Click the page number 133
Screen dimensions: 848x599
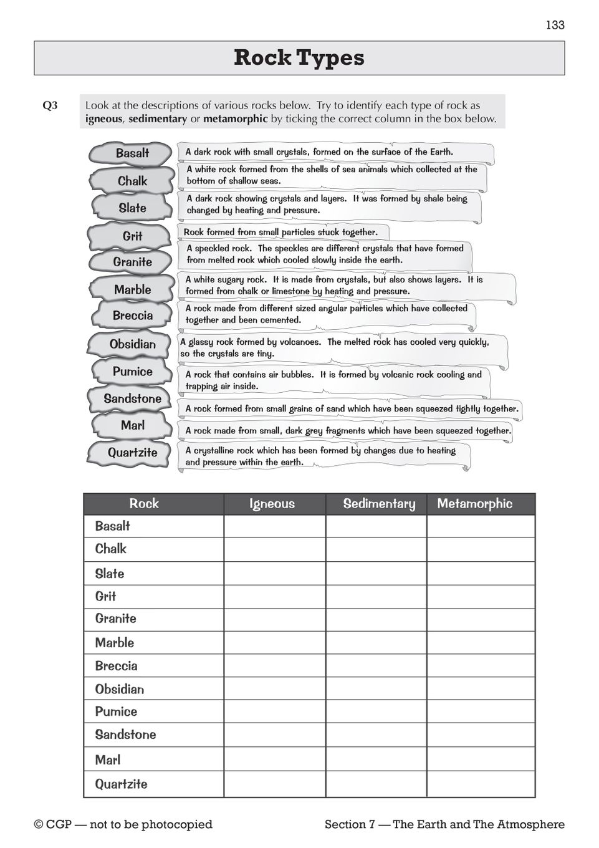(x=555, y=25)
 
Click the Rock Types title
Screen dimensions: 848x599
(x=299, y=58)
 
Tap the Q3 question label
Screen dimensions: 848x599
(x=50, y=106)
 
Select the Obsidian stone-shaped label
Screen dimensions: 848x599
(x=132, y=344)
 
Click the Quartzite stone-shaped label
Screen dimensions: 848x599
(x=132, y=453)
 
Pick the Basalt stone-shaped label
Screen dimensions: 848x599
(x=132, y=153)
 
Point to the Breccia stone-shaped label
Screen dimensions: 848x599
(x=132, y=316)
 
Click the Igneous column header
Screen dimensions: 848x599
(x=272, y=504)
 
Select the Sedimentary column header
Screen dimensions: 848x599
(x=379, y=504)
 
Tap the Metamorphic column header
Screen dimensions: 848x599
(x=475, y=504)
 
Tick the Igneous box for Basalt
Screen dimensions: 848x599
(x=274, y=526)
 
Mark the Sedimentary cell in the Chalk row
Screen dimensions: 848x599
(x=376, y=549)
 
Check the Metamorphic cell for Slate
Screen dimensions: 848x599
(x=481, y=574)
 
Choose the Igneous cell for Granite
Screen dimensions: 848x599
(x=274, y=619)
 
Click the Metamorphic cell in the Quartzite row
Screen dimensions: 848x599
(x=481, y=784)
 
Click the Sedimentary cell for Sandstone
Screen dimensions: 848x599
(x=376, y=735)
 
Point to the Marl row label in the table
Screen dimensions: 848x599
(x=108, y=760)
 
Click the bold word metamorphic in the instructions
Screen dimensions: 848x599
(x=236, y=119)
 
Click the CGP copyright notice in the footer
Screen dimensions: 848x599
(x=123, y=824)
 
